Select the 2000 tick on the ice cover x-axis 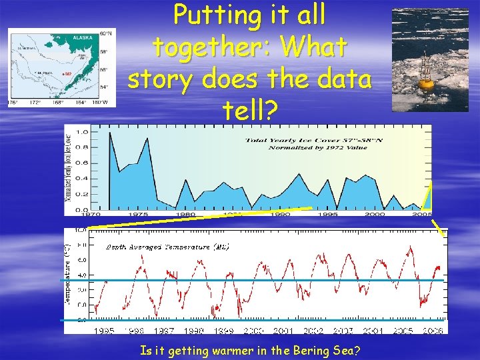tap(375, 215)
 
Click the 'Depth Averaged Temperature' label tap(168, 247)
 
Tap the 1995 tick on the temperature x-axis tap(103, 330)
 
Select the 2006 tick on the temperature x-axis tap(433, 330)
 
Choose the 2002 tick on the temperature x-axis tap(313, 330)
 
